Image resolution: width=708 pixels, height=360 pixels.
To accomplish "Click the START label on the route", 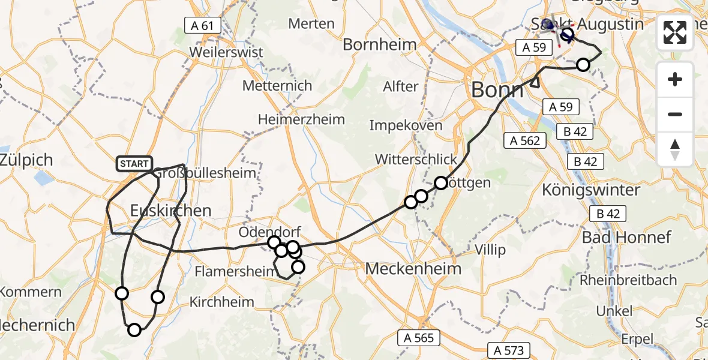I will coord(134,164).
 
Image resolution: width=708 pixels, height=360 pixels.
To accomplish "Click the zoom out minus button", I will coord(675,114).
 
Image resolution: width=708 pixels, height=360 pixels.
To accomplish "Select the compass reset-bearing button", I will coord(675,149).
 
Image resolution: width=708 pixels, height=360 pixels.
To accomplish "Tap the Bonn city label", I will coord(497,90).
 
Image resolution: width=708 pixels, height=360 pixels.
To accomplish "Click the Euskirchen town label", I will coord(171,211).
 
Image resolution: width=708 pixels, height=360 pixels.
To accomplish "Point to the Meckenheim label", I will coord(413,268).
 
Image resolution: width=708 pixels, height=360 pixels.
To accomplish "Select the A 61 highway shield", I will coord(203,26).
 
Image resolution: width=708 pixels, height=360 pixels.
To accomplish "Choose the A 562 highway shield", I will coord(526,141).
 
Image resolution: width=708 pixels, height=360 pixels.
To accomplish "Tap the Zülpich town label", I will coord(26,160).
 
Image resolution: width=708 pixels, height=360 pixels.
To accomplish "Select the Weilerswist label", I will coord(226,52).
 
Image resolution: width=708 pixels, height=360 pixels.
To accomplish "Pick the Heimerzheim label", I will coord(301,119).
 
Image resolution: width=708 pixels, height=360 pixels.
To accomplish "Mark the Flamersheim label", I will coord(230,272).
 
